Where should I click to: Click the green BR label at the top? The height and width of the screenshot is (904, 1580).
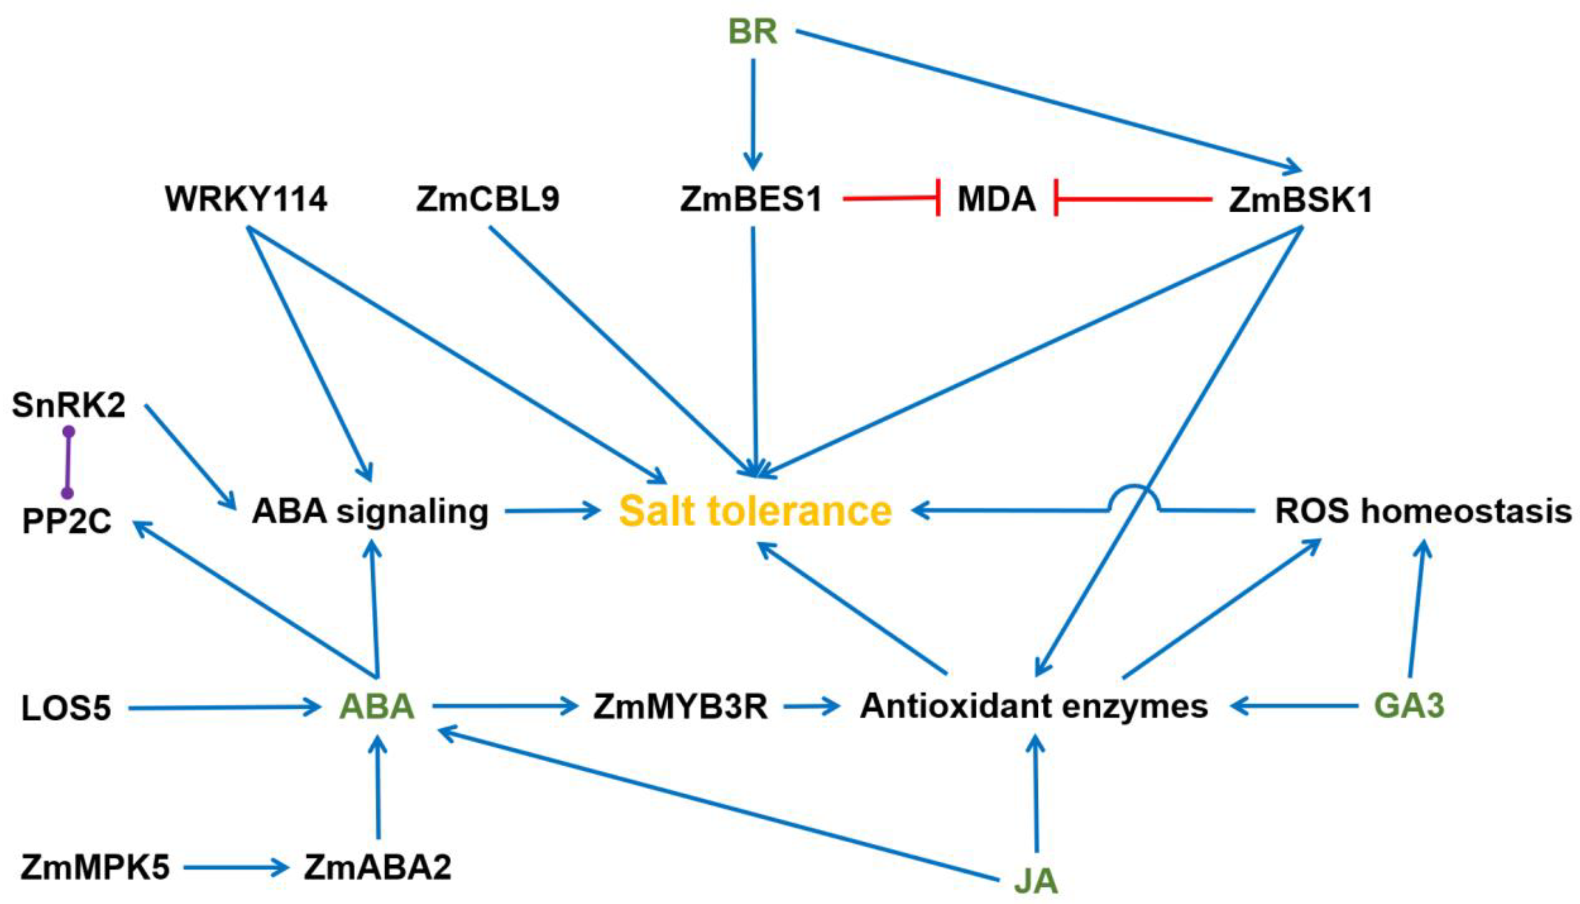tap(752, 32)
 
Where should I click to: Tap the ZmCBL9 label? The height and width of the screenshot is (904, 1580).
tap(488, 200)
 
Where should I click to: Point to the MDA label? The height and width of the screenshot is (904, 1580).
tap(996, 200)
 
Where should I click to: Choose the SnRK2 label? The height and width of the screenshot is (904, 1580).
tap(68, 406)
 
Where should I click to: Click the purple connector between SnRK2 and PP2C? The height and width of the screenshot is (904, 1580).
tap(68, 463)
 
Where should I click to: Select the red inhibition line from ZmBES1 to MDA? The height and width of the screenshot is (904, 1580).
tap(890, 199)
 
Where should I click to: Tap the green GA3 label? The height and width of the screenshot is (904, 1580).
tap(1409, 706)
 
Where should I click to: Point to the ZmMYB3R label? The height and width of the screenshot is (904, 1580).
tap(680, 707)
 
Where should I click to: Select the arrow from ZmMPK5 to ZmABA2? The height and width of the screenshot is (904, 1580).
tap(236, 867)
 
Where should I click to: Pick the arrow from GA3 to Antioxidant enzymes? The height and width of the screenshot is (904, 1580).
tap(1294, 706)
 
